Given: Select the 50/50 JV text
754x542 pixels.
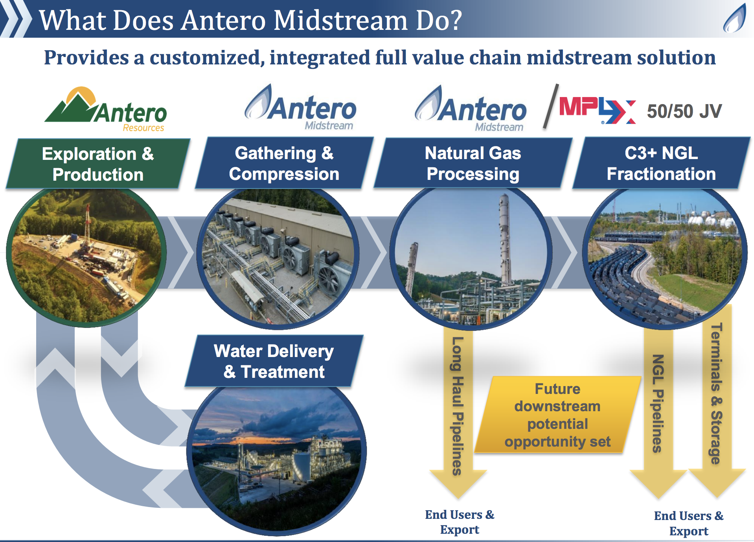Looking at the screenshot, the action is click(684, 111).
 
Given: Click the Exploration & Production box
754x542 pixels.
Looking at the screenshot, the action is click(98, 163).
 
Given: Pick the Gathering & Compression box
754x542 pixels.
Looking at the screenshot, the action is click(284, 163).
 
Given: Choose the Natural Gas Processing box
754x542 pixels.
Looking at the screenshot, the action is click(473, 163).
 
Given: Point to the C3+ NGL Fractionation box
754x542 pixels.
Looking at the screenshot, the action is click(661, 163).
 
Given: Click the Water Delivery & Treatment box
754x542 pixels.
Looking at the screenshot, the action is click(274, 361).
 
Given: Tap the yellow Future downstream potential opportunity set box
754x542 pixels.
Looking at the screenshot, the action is click(557, 415).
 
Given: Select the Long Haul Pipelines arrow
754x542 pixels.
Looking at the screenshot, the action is click(458, 412).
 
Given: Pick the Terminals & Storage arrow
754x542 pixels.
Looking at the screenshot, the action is click(717, 401).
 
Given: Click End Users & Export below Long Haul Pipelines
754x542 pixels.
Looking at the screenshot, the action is click(460, 522).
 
